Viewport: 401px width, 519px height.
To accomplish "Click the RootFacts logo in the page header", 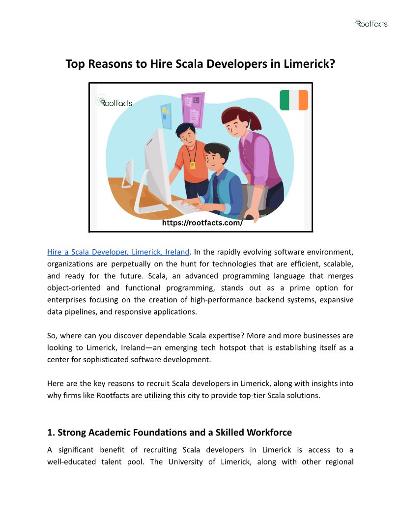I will pyautogui.click(x=371, y=23).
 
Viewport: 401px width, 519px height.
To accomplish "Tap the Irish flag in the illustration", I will pyautogui.click(x=293, y=100).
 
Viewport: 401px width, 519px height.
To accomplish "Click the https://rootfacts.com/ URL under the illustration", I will pyautogui.click(x=202, y=223).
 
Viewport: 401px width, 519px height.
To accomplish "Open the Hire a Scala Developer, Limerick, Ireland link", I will pyautogui.click(x=118, y=252).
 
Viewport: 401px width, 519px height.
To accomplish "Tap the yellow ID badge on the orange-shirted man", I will pyautogui.click(x=192, y=165).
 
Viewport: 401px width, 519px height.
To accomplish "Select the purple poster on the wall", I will pyautogui.click(x=193, y=110).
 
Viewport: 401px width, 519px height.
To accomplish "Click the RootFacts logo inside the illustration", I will pyautogui.click(x=114, y=102).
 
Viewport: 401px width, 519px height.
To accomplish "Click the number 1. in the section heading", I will pyautogui.click(x=51, y=432).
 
